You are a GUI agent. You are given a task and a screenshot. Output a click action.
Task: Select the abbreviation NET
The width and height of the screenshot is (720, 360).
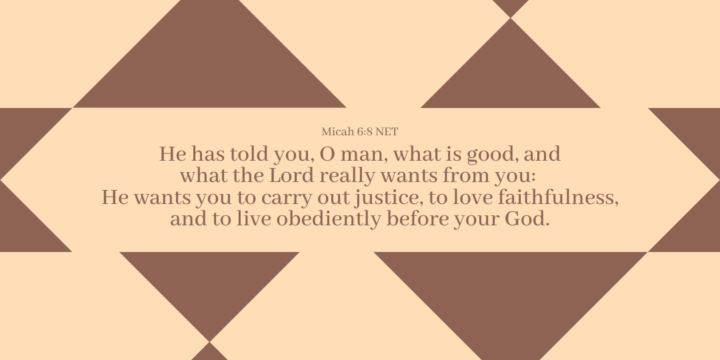pos(387,132)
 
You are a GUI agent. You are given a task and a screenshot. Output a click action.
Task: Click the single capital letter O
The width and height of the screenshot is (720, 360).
pos(327,154)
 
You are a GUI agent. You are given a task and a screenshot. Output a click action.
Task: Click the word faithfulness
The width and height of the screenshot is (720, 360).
pos(555,197)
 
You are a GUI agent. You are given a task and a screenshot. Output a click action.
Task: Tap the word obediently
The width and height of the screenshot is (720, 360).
pos(328,220)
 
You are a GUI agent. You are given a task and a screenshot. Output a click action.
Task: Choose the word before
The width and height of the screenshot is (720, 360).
pos(417,219)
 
